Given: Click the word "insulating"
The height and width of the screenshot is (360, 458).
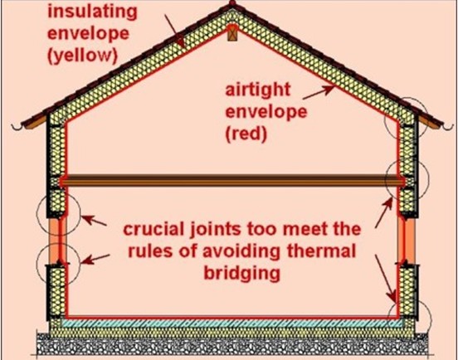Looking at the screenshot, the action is coord(92,12).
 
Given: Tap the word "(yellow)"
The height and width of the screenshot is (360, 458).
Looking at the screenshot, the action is coord(83,56).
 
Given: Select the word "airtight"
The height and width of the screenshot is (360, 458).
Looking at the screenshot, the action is coord(258,90).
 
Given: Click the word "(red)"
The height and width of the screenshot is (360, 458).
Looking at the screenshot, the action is coord(246,134).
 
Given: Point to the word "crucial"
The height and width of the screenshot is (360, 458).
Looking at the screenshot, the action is coord(153,230).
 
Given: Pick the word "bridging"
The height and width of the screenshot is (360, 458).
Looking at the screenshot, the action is coord(241,273).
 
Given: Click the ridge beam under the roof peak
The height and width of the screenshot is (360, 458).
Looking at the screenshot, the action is coord(232,32).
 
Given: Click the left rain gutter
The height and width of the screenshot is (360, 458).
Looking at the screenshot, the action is coord(17,127).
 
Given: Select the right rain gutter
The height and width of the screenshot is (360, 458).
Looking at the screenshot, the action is coord(448,127).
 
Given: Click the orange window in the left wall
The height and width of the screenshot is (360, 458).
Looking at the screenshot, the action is coord(57,241).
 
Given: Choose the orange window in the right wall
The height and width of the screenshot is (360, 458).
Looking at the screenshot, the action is coord(407,241).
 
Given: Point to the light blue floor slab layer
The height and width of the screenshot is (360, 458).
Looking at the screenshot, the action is coord(231,324).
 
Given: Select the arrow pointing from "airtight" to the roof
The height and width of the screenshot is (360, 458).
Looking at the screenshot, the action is coord(319,92).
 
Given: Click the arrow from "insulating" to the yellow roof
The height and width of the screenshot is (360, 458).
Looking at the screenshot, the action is coord(174,31).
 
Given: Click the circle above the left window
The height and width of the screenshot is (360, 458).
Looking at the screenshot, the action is coord(58,214).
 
